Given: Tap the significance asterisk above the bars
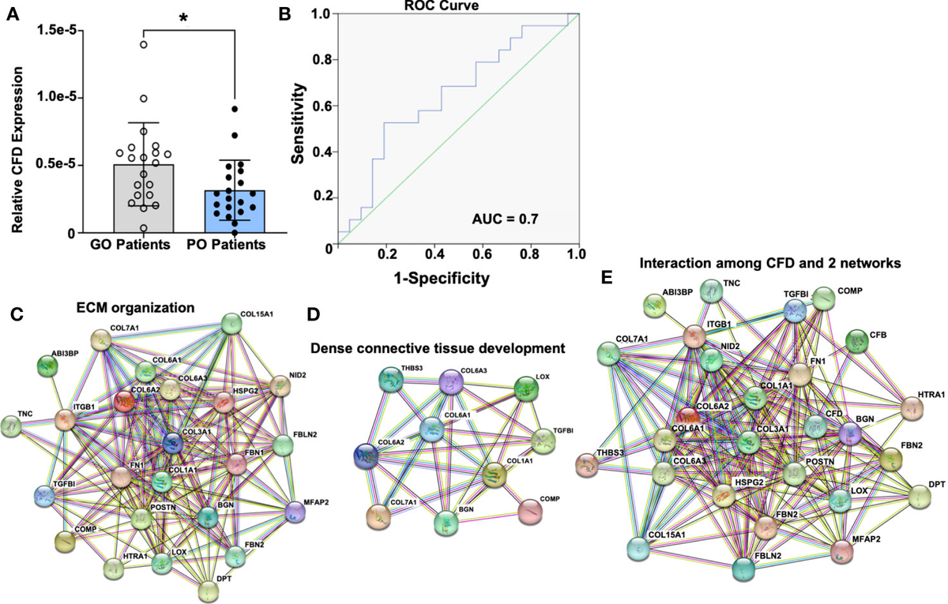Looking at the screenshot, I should (x=183, y=17).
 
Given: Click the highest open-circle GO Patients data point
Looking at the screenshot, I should (x=144, y=44).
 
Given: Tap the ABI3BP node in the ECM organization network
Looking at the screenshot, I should (x=49, y=366).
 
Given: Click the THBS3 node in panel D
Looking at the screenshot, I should (x=390, y=379).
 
